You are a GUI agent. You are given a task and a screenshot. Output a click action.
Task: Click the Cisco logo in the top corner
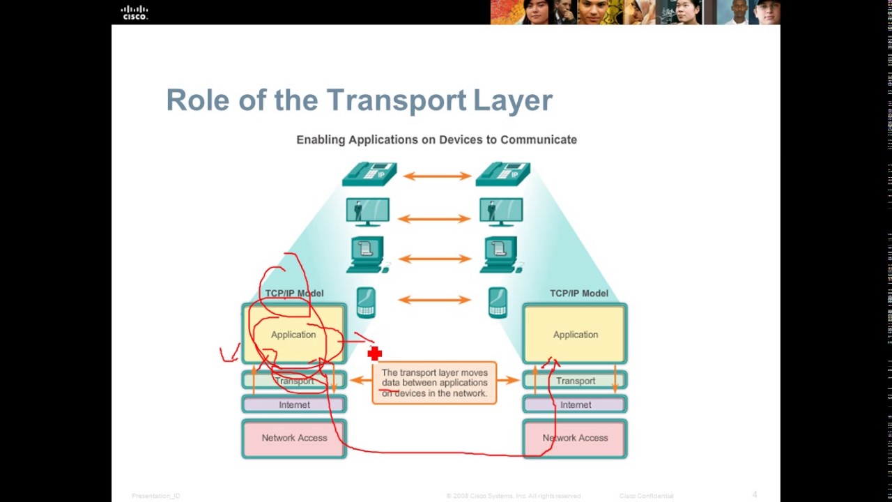(x=134, y=12)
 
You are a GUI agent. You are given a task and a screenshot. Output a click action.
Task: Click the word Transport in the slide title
(x=396, y=100)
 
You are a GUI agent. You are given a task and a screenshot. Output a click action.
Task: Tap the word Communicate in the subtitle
(x=538, y=139)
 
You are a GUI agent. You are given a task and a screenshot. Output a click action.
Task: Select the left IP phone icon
(x=369, y=174)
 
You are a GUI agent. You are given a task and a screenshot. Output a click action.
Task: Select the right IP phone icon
(x=502, y=174)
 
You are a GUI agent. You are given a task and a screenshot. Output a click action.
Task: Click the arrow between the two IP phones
(x=436, y=176)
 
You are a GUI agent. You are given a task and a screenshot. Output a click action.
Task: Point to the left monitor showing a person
(x=367, y=212)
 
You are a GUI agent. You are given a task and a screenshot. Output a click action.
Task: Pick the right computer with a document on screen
(x=500, y=254)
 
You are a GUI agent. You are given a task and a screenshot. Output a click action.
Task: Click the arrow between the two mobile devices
(x=433, y=301)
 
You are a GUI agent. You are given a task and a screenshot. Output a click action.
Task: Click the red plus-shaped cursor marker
(x=375, y=354)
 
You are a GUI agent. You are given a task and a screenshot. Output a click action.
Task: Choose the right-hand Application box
(x=575, y=335)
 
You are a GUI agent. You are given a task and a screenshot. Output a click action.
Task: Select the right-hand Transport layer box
(x=575, y=381)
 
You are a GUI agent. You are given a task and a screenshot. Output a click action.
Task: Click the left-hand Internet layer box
(x=294, y=404)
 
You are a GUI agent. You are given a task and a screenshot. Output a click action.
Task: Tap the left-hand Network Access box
(x=294, y=439)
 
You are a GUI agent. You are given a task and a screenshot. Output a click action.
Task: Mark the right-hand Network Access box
(x=575, y=439)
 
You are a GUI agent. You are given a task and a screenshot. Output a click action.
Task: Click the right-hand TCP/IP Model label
(x=578, y=294)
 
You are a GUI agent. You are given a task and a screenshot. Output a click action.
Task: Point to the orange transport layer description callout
(x=434, y=383)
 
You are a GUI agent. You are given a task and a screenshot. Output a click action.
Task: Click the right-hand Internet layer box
(x=575, y=404)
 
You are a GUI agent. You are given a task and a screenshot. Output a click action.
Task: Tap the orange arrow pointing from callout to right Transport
(x=509, y=380)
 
